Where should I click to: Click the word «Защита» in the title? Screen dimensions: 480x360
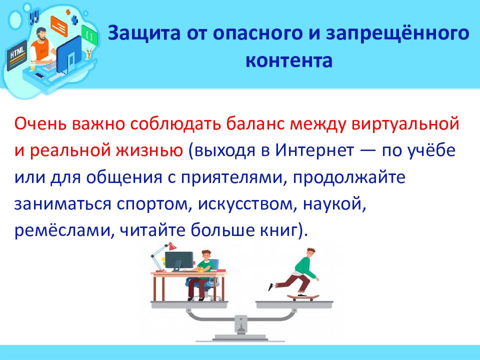point(144,33)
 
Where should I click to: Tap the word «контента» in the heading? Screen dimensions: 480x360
point(288,60)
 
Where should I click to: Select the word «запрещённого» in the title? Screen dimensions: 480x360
point(397,33)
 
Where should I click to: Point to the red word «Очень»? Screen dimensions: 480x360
point(40,123)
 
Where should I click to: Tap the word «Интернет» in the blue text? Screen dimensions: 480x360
point(314,150)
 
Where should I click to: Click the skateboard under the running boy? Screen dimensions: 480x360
point(303,297)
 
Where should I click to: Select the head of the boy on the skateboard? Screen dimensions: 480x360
point(311,253)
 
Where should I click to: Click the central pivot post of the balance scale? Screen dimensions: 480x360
point(240,325)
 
